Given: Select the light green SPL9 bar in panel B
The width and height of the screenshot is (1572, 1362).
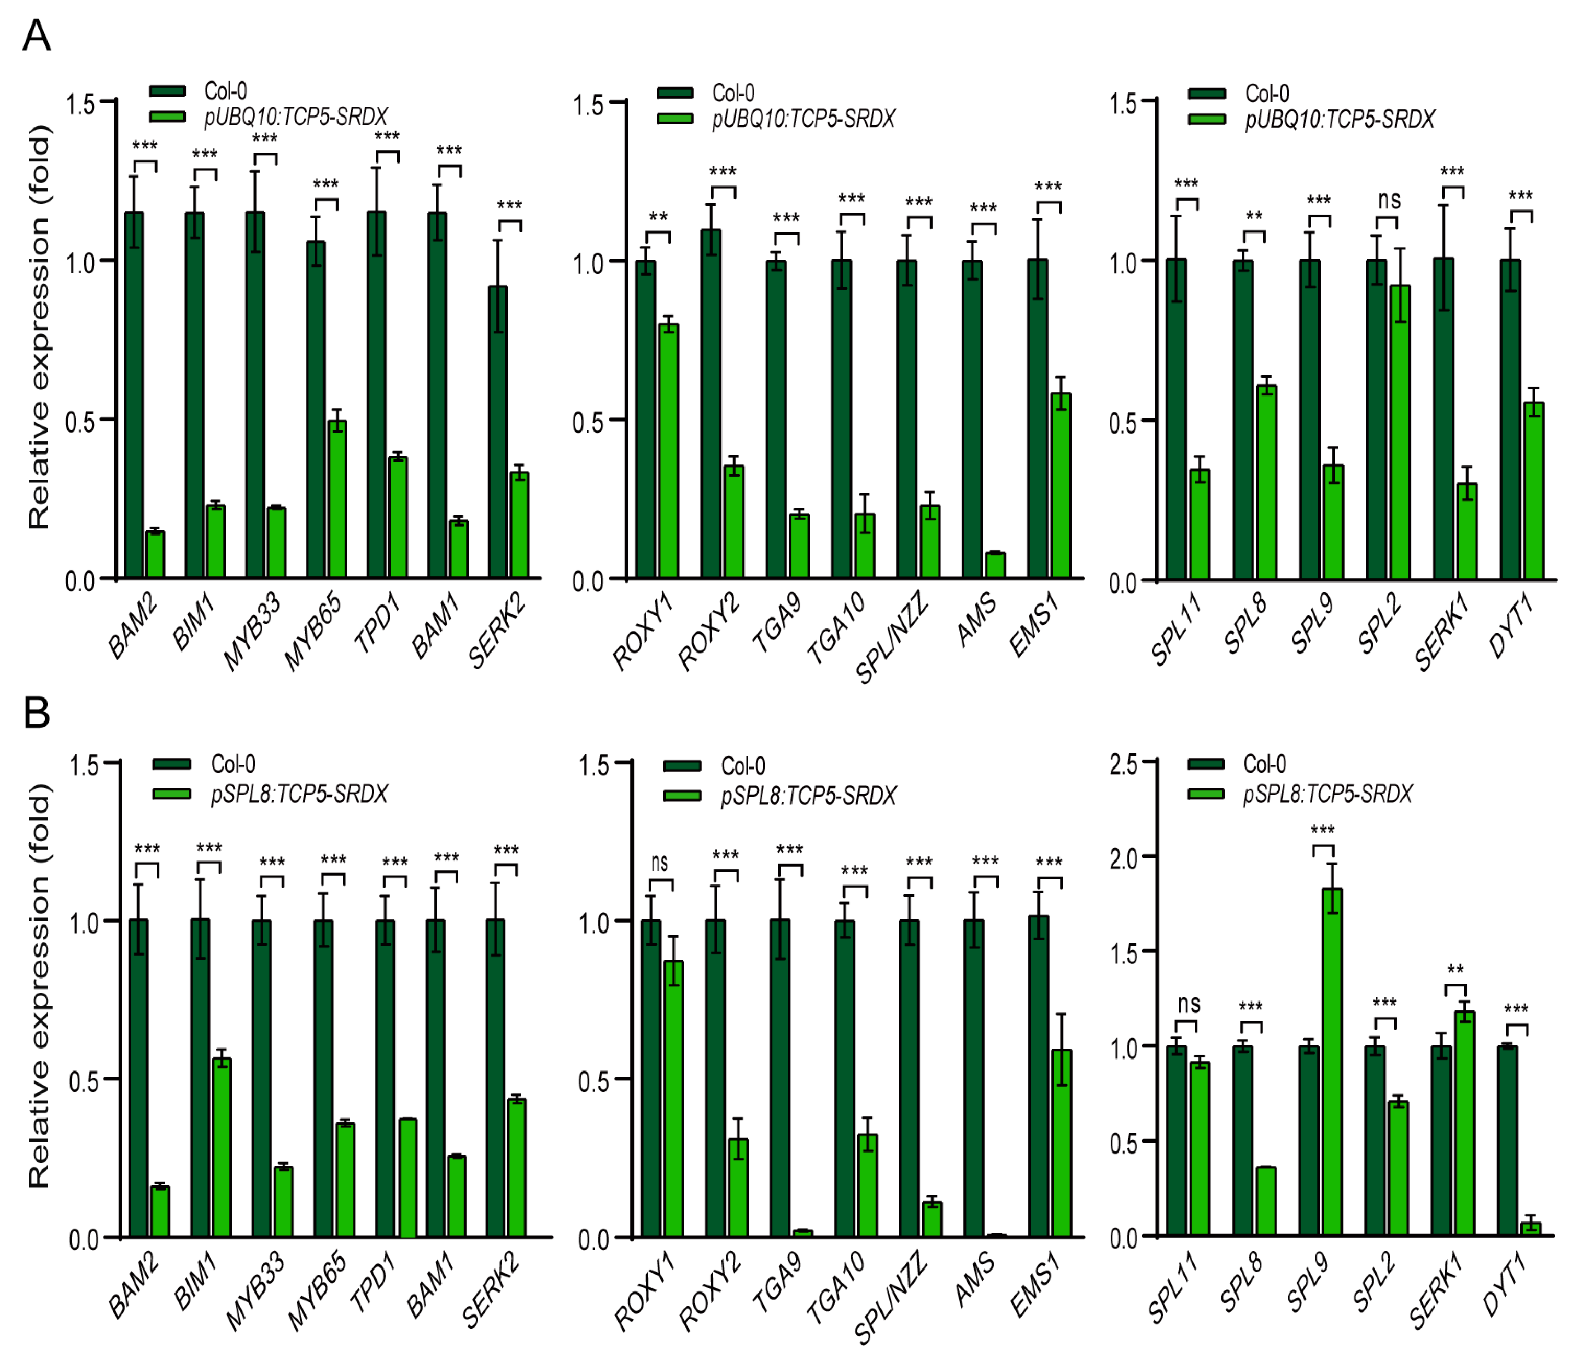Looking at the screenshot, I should tap(1332, 1064).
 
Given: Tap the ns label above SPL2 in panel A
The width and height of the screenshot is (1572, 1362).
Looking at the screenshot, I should tap(1388, 200).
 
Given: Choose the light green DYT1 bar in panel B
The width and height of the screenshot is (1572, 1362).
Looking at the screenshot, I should tap(1530, 1228).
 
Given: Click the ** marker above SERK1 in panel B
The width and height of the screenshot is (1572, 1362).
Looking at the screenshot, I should tap(1455, 971).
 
